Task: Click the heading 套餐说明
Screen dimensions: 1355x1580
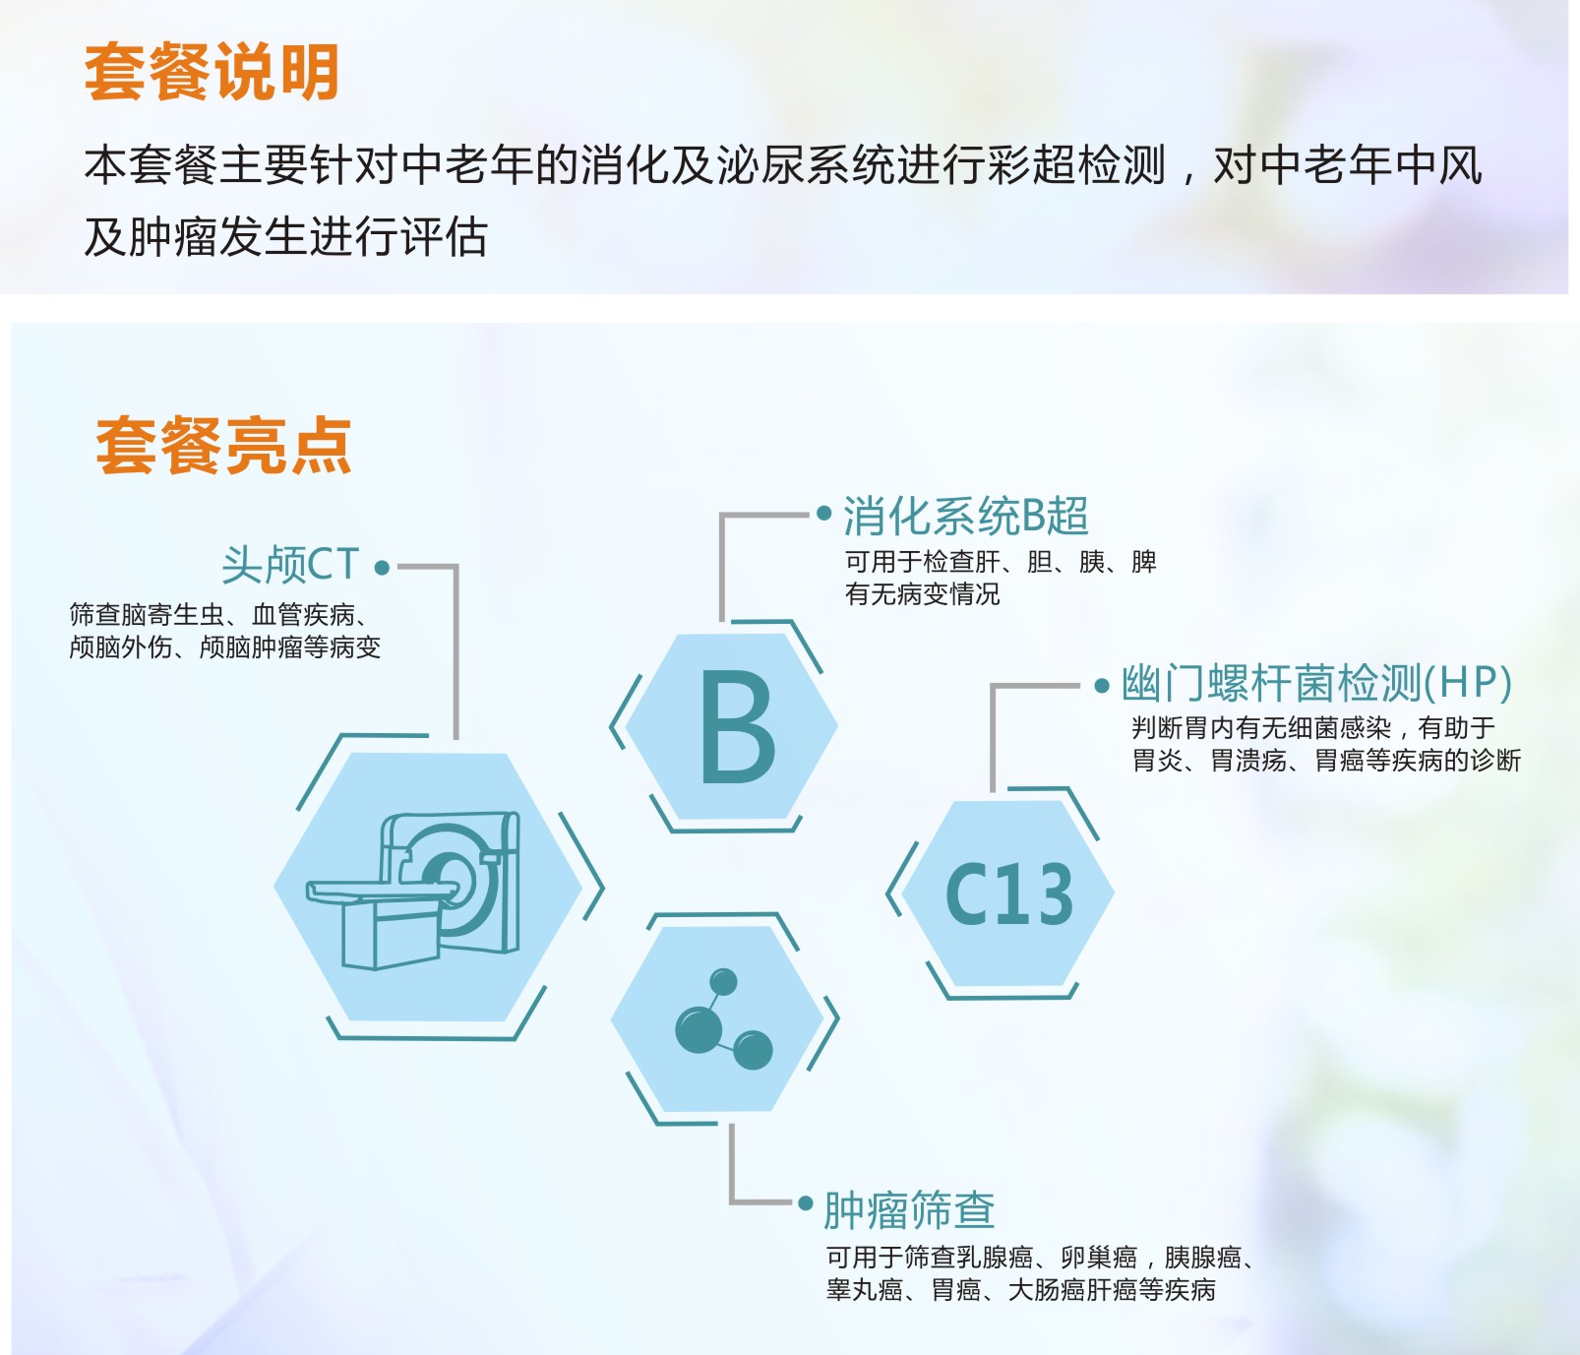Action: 212,72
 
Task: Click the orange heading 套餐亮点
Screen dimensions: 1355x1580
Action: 223,446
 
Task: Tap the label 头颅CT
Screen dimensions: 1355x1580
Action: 290,566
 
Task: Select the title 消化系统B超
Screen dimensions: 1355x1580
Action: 965,516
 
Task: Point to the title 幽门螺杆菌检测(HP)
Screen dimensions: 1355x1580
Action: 1316,683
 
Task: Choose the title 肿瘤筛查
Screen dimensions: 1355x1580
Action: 909,1209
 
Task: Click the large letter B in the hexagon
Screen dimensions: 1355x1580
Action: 737,728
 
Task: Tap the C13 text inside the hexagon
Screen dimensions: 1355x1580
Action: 1009,894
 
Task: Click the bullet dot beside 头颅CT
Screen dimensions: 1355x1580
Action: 382,568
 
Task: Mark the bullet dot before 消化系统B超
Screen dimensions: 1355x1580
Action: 824,513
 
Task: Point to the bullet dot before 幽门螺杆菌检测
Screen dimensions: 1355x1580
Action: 1102,686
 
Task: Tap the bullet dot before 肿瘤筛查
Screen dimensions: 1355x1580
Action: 806,1202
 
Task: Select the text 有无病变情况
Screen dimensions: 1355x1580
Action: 922,594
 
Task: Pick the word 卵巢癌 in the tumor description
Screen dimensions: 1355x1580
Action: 1099,1258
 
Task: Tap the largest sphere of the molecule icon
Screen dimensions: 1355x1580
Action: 699,1029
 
